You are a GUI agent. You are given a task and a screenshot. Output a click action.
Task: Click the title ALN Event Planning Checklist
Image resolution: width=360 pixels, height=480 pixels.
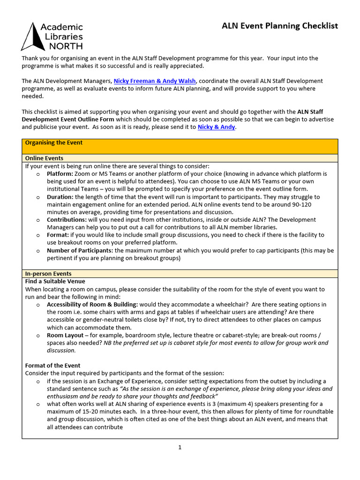[279, 26]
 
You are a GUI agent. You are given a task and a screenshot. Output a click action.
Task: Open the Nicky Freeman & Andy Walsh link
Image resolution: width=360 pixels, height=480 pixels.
[155, 81]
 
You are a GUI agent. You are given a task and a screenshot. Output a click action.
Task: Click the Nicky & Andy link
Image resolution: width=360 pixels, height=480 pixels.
[216, 127]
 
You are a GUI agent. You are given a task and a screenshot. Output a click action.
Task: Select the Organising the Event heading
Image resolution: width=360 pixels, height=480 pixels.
[53, 142]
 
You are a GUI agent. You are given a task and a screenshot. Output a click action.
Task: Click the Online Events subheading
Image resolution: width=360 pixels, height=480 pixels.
[44, 158]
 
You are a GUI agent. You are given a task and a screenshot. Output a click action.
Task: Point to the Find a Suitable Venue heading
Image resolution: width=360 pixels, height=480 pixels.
[55, 281]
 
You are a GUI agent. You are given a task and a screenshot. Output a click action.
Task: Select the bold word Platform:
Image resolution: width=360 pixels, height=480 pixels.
[60, 173]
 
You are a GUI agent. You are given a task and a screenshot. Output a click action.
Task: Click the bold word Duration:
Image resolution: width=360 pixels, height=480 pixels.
[60, 197]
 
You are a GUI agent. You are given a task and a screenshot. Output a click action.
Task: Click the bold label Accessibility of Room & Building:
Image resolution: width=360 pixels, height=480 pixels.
[92, 304]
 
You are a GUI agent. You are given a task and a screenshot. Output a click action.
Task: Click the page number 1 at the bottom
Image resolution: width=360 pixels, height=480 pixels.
[180, 447]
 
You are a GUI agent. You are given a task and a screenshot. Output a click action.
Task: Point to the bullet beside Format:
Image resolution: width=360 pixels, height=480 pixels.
[38, 235]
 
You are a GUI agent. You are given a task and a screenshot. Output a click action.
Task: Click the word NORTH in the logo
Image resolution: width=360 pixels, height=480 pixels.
[66, 45]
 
